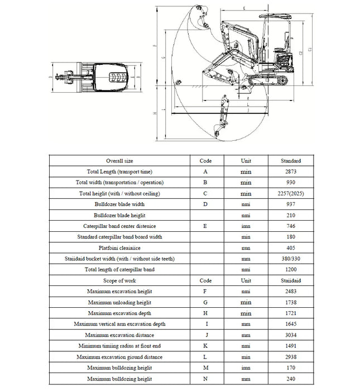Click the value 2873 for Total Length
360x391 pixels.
pos(291,171)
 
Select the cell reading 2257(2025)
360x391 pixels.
pos(291,193)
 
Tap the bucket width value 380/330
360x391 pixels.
pos(291,259)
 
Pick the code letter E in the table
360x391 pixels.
pos(205,226)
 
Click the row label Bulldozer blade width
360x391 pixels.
pos(119,204)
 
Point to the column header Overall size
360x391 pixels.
pos(119,161)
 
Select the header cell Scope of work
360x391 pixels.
pos(119,280)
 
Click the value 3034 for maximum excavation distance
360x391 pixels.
pos(291,335)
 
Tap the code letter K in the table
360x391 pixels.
pos(205,346)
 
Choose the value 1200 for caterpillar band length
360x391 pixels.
pos(291,270)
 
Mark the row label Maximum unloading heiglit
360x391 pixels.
pos(119,302)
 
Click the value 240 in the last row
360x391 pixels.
pos(291,379)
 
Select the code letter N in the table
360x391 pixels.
pos(205,379)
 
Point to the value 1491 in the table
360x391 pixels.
pos(291,346)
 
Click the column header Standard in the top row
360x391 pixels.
pos(291,161)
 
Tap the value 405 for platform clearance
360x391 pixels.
pos(291,248)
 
